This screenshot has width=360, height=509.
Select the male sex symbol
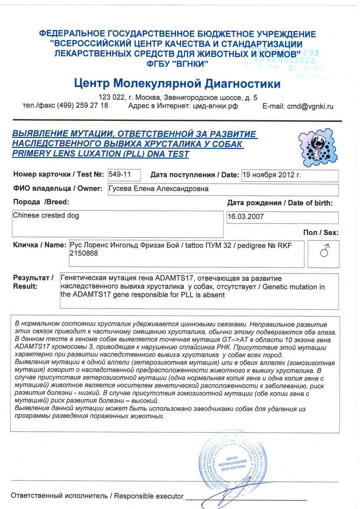(x=324, y=251)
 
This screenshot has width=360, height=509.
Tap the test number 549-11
(x=120, y=174)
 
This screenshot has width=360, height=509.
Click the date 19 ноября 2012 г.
(x=272, y=175)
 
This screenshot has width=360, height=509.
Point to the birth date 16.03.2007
(x=246, y=217)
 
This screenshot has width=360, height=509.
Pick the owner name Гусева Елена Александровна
(x=159, y=189)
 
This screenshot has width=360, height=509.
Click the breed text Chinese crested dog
(x=46, y=215)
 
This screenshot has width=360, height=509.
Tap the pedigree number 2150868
(x=84, y=253)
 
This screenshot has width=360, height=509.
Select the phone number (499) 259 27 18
(x=83, y=106)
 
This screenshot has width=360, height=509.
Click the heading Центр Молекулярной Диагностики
(x=177, y=83)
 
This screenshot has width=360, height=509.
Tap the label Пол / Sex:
(x=321, y=233)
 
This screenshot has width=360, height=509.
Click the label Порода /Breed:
(x=41, y=202)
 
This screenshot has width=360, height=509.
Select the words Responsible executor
(x=149, y=496)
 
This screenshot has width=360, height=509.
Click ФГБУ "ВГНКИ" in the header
(x=177, y=64)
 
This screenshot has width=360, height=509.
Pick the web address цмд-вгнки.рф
(x=214, y=106)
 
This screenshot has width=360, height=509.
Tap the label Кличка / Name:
(x=39, y=245)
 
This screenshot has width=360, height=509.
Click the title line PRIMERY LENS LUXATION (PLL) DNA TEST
(x=101, y=154)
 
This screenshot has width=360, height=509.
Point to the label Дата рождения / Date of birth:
(x=280, y=203)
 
